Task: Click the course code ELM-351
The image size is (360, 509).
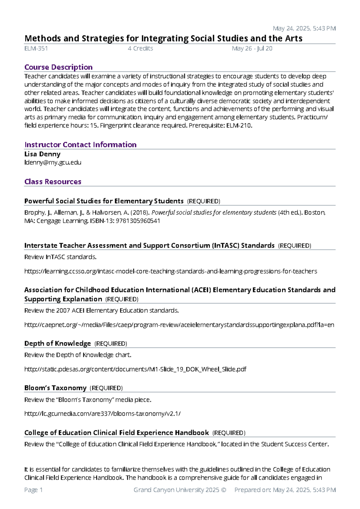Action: (x=36, y=49)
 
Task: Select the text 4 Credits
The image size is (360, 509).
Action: (x=140, y=49)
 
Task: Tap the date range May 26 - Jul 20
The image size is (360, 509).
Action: (x=252, y=49)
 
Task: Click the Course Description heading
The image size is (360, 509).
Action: (x=58, y=67)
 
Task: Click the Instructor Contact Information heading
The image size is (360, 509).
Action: (x=80, y=145)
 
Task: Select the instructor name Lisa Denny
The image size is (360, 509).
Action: (x=42, y=154)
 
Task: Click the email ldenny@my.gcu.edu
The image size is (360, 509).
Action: (x=53, y=163)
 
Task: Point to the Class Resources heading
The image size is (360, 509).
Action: (x=53, y=182)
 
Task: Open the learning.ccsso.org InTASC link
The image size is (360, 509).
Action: (x=170, y=272)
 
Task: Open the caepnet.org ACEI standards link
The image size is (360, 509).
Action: (x=179, y=325)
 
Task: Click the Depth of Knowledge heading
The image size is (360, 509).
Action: (x=58, y=344)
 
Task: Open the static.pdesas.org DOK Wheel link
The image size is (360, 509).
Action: (x=135, y=369)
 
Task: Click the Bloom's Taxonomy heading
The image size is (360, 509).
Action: (x=55, y=388)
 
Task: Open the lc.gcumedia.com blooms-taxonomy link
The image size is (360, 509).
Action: (x=102, y=414)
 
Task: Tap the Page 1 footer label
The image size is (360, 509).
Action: (x=33, y=490)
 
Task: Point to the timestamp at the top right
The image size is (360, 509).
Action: (x=304, y=29)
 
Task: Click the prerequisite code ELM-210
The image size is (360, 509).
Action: (x=239, y=126)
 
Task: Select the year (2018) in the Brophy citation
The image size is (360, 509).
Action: (x=140, y=213)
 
